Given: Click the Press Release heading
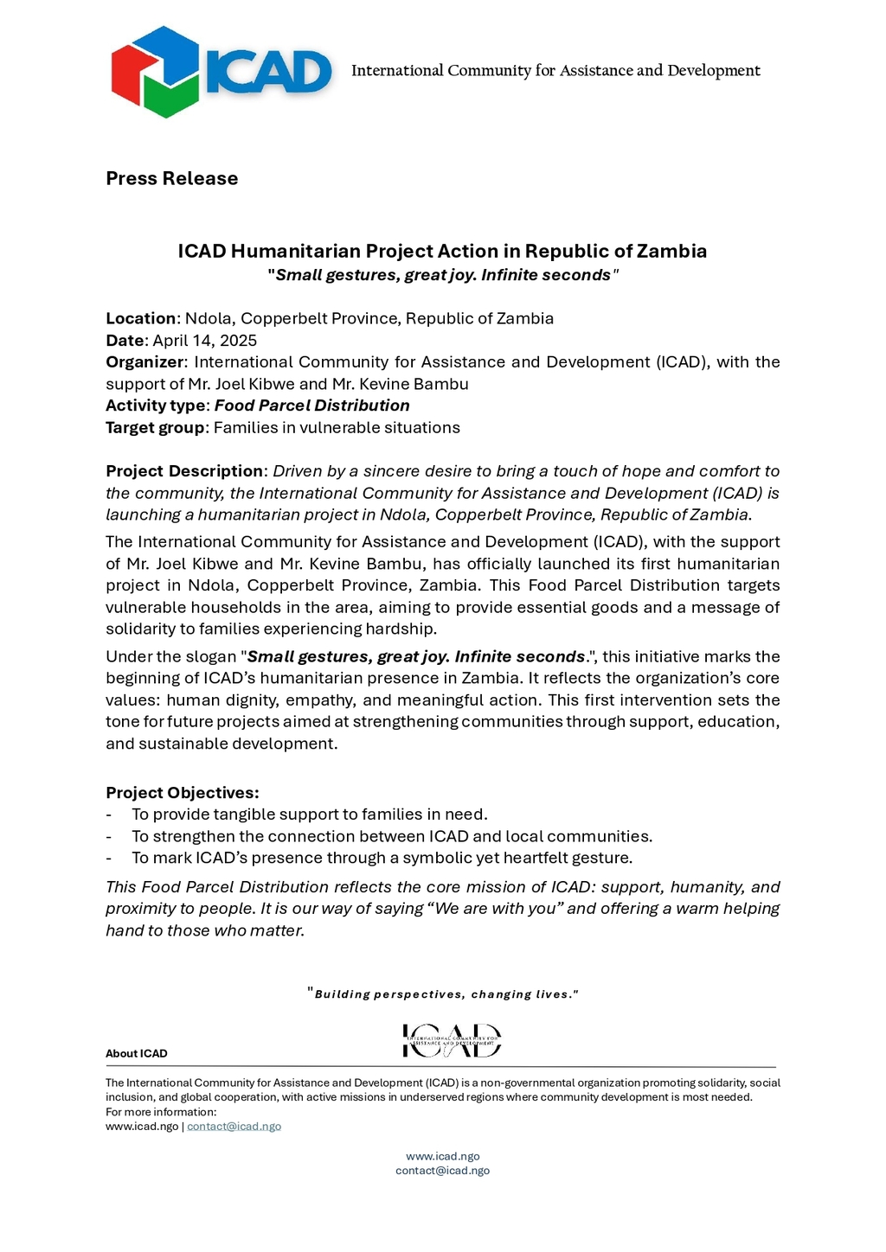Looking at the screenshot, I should [171, 178].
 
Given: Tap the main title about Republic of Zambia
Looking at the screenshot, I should [442, 251].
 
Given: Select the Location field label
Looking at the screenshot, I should [140, 318].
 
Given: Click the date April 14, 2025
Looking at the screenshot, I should [205, 341].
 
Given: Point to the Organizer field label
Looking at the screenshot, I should [144, 362].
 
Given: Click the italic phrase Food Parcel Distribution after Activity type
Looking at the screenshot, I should [311, 406].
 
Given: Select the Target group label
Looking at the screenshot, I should [156, 428].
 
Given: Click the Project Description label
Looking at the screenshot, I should [184, 471].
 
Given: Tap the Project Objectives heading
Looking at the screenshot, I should [182, 793].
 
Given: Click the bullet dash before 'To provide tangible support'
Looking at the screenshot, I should [109, 814].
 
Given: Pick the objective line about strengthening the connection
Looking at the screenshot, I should [392, 836].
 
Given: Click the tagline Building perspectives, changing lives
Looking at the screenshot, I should [443, 994].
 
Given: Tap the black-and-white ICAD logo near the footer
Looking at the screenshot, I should [452, 1040].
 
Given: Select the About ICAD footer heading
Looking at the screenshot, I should [137, 1053].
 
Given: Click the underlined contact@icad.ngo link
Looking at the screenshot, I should [234, 1127].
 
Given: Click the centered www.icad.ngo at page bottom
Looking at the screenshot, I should [443, 1156].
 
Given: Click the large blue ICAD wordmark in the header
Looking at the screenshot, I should [268, 72].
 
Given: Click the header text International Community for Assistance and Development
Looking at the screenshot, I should [555, 71].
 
